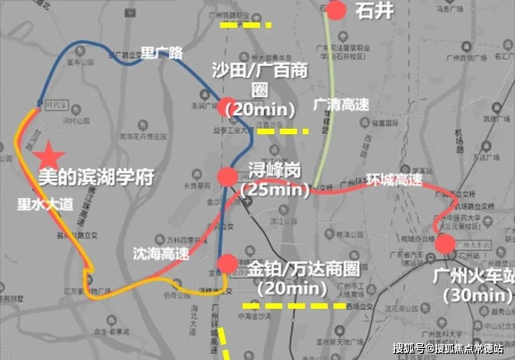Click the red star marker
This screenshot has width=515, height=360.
click(x=49, y=155)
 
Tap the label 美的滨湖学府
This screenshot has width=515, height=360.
click(x=95, y=177)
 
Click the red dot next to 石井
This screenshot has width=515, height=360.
click(x=337, y=10)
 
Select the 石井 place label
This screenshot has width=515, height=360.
click(x=374, y=11)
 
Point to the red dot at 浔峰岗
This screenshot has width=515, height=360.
click(x=227, y=177)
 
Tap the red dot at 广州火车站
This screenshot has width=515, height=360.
click(x=445, y=244)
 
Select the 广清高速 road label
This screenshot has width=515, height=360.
click(x=341, y=105)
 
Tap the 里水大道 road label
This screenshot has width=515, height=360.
click(x=45, y=205)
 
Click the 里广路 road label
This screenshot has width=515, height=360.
click(x=162, y=53)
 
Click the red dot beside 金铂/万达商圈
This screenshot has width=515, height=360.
click(x=227, y=264)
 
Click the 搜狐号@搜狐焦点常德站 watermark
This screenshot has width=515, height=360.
click(x=448, y=347)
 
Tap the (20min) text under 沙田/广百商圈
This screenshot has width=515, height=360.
click(x=264, y=110)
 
